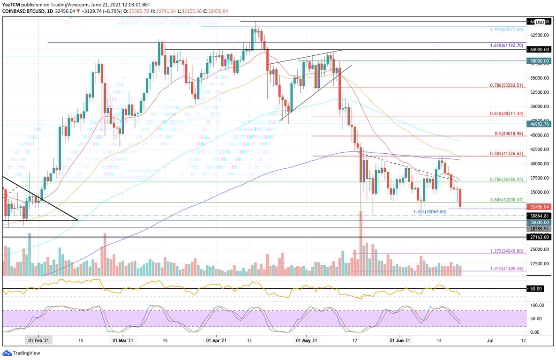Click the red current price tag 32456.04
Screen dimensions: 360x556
point(539,206)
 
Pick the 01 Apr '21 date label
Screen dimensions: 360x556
point(217,341)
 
